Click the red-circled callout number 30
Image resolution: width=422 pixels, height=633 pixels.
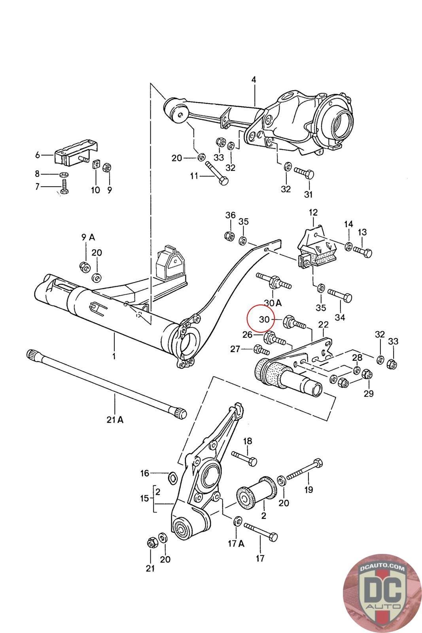(x=264, y=319)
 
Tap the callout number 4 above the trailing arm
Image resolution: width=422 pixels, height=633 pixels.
(x=254, y=80)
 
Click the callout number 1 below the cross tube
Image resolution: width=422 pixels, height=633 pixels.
(x=114, y=356)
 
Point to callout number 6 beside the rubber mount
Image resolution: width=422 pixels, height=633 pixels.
(x=38, y=155)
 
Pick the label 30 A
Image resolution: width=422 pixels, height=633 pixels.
(x=273, y=303)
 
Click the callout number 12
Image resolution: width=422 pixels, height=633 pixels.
(x=313, y=212)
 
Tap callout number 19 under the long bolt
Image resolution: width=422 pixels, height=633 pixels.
(x=308, y=490)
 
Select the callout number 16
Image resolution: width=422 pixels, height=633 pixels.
(x=145, y=473)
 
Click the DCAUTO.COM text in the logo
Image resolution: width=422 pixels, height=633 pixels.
(x=382, y=567)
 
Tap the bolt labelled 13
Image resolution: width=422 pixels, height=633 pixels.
(x=362, y=252)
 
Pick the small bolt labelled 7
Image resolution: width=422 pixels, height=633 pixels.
(x=64, y=187)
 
